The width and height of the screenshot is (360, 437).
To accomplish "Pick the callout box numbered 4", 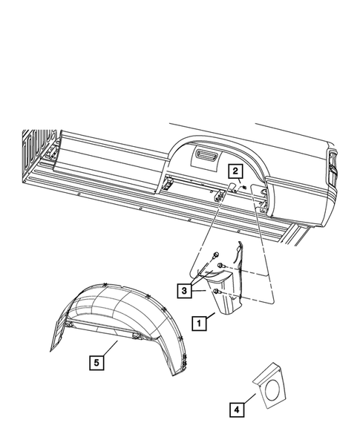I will coord(235,408).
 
